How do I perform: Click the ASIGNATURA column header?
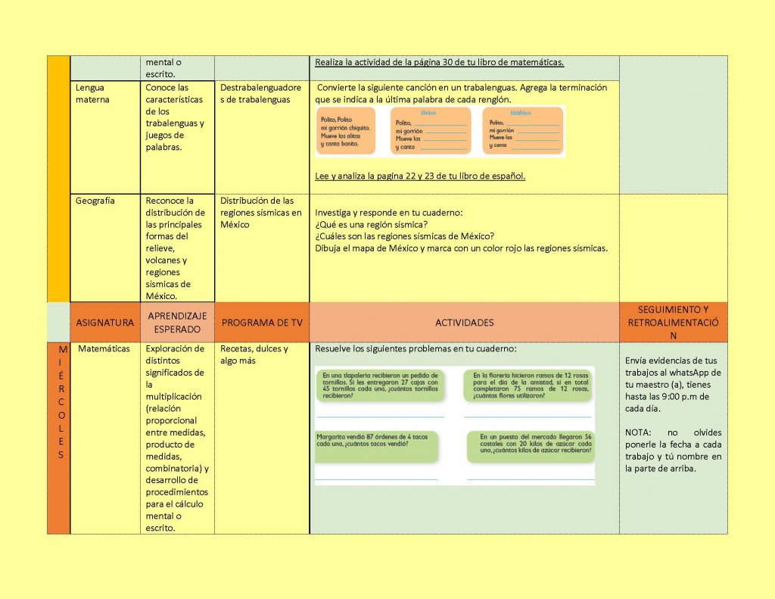tap(104, 323)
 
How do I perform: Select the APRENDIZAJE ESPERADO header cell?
tap(177, 323)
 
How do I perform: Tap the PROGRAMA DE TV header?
tap(262, 323)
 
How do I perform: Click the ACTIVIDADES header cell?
tap(464, 323)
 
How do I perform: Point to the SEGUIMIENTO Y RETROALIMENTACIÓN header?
tap(673, 322)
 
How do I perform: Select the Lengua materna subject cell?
tap(92, 93)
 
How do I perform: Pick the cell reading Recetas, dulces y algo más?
tap(254, 354)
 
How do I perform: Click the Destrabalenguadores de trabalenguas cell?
tap(261, 93)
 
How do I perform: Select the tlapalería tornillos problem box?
tap(381, 385)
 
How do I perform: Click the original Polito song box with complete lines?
tap(346, 131)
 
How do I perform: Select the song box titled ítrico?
tap(430, 131)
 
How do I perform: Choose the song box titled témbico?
tap(523, 131)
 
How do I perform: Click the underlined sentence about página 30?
tap(439, 62)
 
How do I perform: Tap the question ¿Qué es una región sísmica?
tap(372, 224)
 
